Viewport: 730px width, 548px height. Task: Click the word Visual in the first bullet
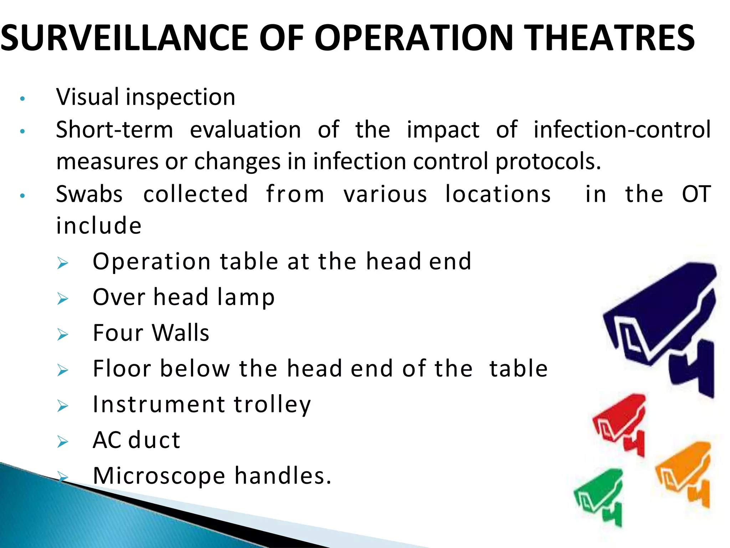coord(87,97)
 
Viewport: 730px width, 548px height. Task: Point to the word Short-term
coord(114,130)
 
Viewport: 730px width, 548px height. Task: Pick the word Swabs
coord(89,194)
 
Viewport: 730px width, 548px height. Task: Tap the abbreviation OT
coord(696,194)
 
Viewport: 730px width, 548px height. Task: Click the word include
coord(99,226)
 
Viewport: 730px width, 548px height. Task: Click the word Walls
coord(180,333)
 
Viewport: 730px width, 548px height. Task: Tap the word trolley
coord(272,405)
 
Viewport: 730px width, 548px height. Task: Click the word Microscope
coord(159,476)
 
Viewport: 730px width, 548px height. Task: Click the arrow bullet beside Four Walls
coord(63,335)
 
